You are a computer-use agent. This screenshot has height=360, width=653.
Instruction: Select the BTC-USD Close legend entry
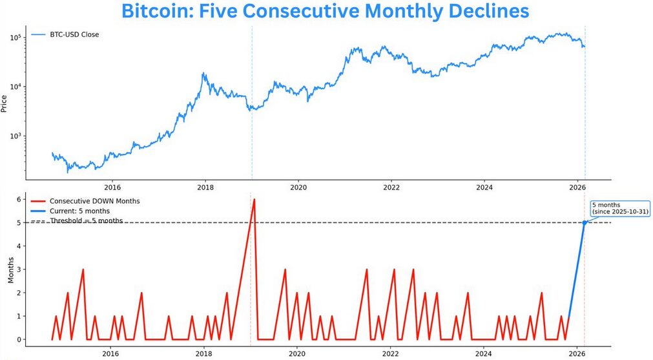coord(74,34)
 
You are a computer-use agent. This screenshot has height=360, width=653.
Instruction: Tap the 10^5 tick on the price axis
coord(16,37)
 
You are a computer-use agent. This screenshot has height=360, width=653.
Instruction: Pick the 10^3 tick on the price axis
coord(16,136)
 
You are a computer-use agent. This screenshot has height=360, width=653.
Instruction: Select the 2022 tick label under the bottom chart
coord(390,355)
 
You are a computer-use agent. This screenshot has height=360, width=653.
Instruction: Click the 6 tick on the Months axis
coord(20,199)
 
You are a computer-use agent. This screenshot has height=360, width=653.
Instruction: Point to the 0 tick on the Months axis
coord(20,339)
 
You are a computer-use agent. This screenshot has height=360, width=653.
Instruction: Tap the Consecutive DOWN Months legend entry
coord(94,201)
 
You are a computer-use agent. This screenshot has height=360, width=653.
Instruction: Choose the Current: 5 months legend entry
coord(79,211)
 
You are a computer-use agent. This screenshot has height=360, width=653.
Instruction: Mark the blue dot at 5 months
coord(585,222)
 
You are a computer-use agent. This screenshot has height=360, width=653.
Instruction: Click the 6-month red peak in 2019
coord(254,200)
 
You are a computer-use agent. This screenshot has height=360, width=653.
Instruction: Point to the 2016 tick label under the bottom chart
coord(111,355)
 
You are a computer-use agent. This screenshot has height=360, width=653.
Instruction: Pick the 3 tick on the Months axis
coord(20,270)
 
